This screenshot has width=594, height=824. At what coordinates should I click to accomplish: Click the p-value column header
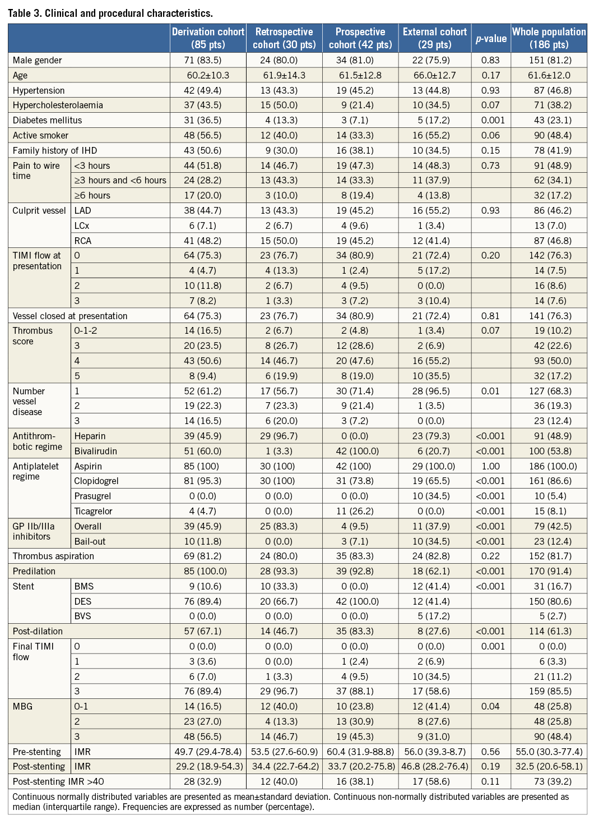[491, 38]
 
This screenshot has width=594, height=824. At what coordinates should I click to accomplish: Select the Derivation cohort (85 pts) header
[208, 38]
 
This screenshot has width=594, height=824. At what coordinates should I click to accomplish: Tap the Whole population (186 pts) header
[549, 38]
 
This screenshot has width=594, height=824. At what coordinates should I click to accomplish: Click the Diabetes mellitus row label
[47, 120]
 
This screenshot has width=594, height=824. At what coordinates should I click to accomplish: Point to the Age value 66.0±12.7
[434, 75]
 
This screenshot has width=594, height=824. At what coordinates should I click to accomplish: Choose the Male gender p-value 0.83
[490, 60]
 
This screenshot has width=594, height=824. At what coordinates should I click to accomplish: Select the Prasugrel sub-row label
[92, 496]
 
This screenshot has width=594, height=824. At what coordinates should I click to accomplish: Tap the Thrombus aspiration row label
[53, 556]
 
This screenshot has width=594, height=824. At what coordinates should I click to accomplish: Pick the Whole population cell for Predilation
[549, 571]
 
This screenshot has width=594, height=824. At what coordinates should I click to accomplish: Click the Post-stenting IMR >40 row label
[58, 781]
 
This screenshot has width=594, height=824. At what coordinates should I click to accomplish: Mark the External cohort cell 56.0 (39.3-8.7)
[434, 752]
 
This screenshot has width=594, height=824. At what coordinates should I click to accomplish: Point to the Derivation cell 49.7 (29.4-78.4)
[208, 752]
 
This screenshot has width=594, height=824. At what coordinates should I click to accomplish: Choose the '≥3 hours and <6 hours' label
[120, 180]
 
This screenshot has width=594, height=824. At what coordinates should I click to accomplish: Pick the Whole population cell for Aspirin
[549, 466]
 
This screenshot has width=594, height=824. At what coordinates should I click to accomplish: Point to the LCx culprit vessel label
[82, 225]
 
